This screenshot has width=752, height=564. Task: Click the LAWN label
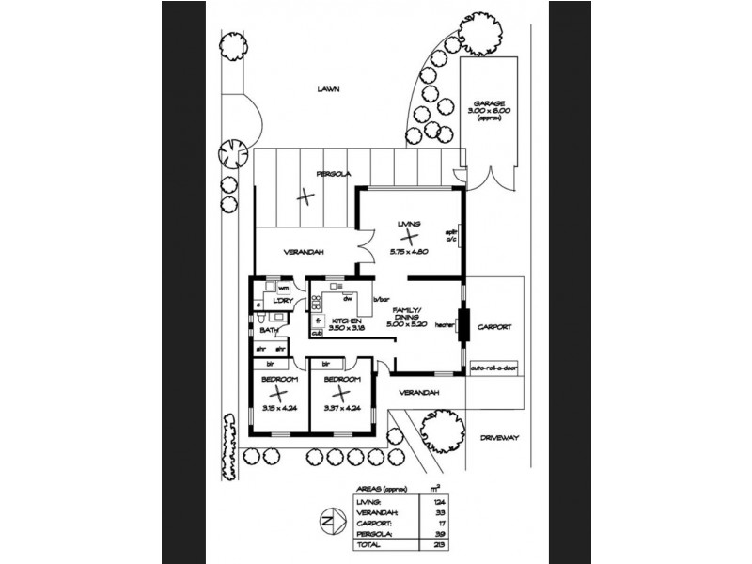[x=328, y=89]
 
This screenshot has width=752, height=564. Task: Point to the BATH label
[x=269, y=330]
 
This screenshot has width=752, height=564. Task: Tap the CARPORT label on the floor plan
[x=494, y=327]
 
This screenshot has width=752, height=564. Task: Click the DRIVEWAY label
[x=498, y=438]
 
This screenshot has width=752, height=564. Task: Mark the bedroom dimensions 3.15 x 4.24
[x=281, y=408]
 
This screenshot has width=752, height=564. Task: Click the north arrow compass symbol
[x=327, y=520]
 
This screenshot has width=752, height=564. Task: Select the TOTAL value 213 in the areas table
[x=431, y=545]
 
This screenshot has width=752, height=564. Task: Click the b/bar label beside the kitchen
[x=381, y=300]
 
